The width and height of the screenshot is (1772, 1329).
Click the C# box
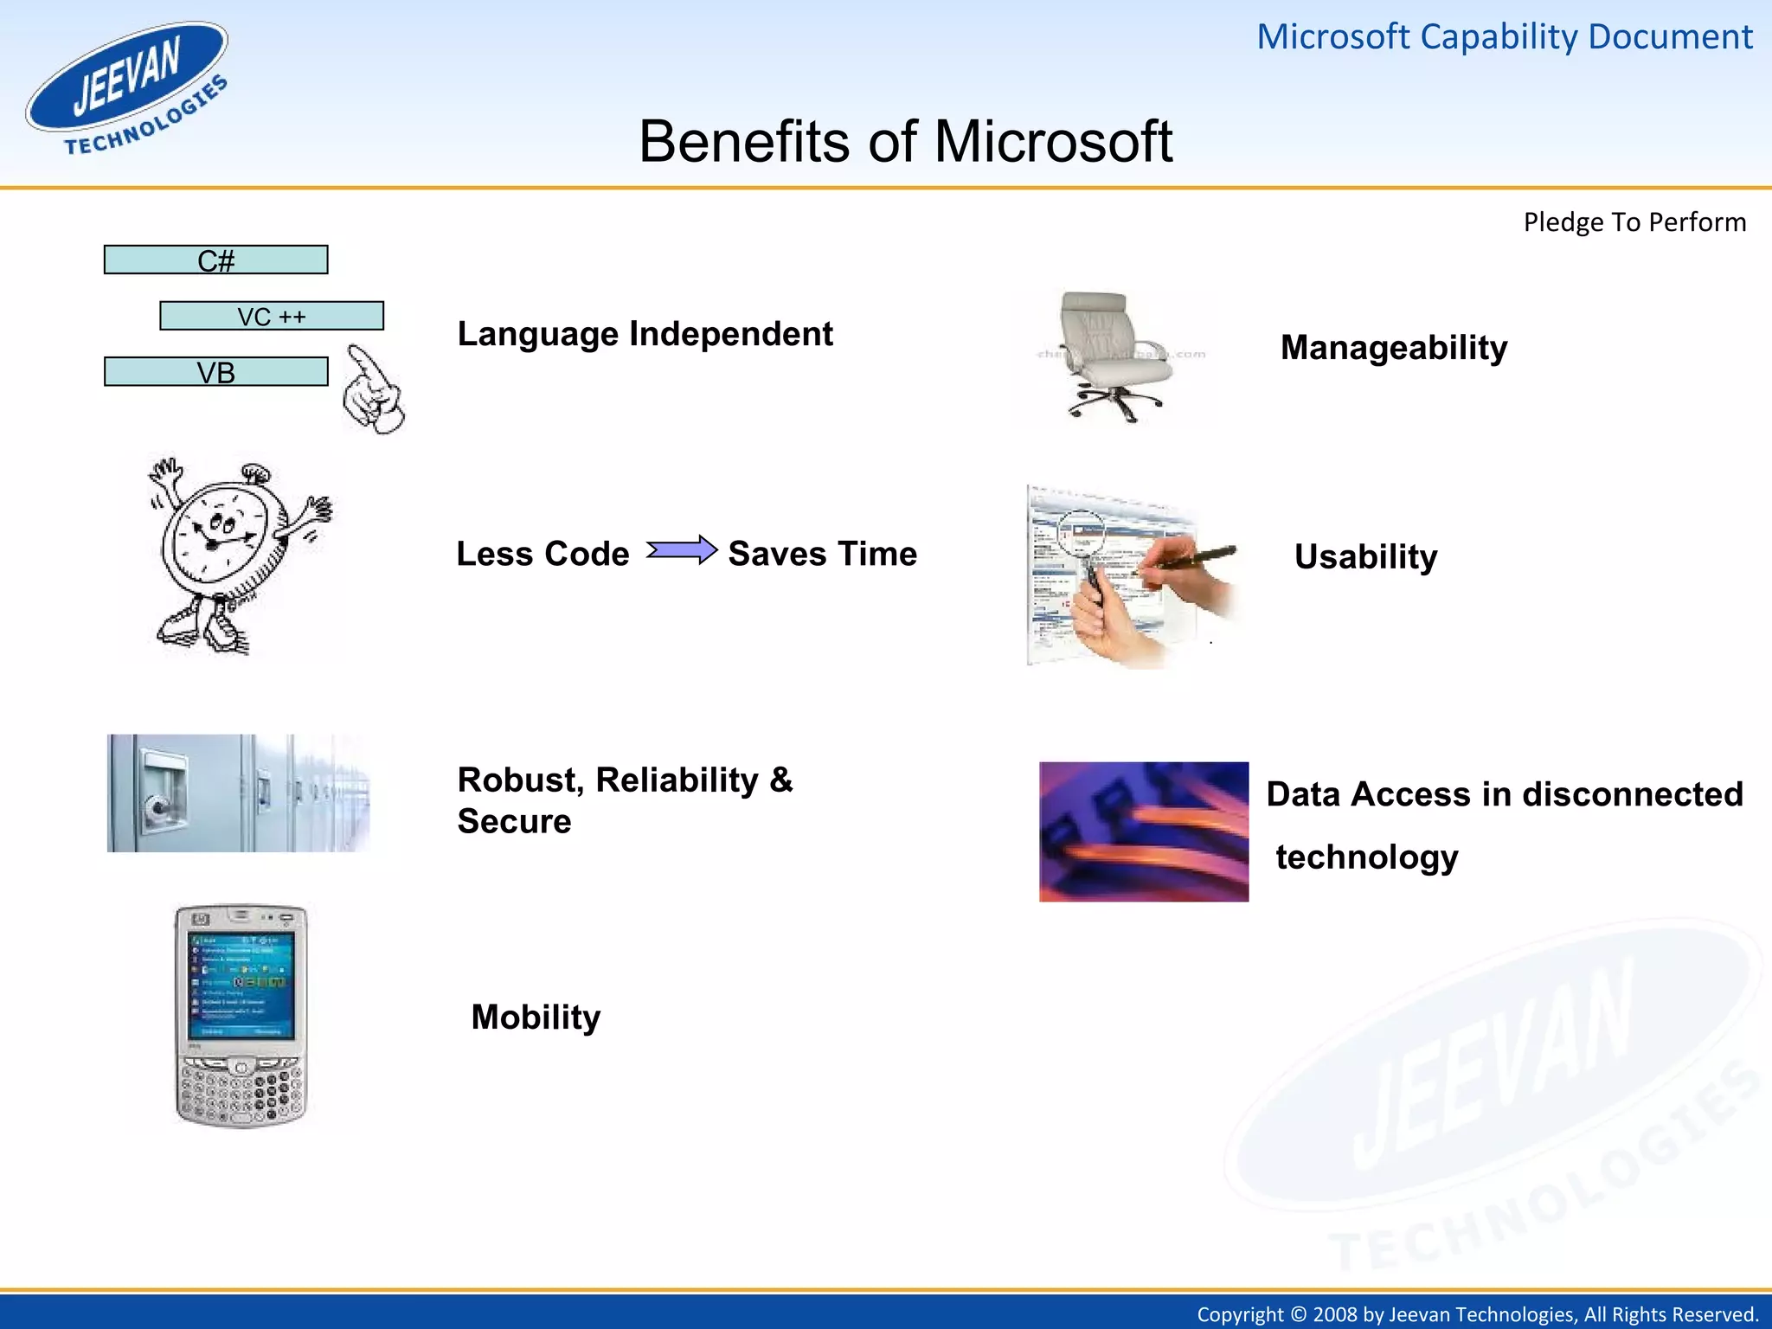click(x=215, y=260)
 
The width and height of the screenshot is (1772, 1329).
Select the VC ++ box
click(x=272, y=316)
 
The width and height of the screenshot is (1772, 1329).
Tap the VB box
click(x=215, y=372)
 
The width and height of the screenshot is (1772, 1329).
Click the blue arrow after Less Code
click(x=682, y=550)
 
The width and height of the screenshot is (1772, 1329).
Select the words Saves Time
click(x=822, y=554)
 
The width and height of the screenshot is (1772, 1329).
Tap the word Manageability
click(x=1393, y=348)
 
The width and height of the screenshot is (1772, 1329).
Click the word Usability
click(x=1365, y=556)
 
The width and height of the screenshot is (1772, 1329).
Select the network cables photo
click(x=1143, y=831)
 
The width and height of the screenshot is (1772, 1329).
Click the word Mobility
click(x=536, y=1017)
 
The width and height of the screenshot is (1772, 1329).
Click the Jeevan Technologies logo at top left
click(x=128, y=88)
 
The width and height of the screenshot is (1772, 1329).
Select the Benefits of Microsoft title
click(x=905, y=141)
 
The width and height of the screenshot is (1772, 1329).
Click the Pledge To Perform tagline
click(x=1634, y=222)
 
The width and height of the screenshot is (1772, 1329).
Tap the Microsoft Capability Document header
click(x=1504, y=37)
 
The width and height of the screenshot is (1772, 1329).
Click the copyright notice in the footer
click(x=1477, y=1314)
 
